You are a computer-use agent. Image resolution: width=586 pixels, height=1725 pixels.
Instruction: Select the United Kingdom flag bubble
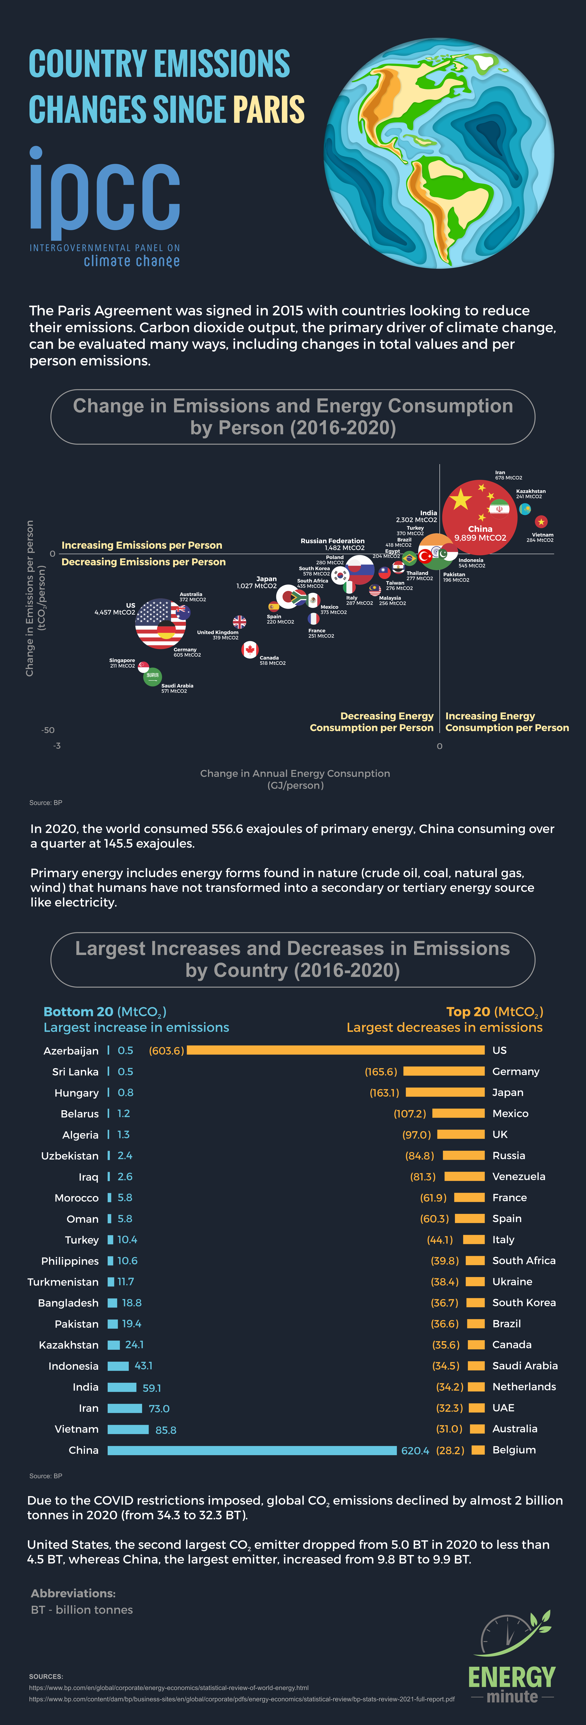[x=239, y=622]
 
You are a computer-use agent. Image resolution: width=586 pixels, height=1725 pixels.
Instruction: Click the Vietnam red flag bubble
[x=541, y=521]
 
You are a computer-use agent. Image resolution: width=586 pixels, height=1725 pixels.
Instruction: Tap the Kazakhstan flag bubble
[x=525, y=509]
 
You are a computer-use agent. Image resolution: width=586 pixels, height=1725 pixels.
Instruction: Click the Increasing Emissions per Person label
[x=142, y=545]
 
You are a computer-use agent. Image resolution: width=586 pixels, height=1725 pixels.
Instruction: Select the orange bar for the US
[x=336, y=1050]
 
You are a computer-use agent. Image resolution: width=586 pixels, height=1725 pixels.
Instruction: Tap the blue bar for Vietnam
[x=128, y=1429]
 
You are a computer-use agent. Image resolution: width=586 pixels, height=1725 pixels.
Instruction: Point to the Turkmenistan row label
[x=63, y=1282]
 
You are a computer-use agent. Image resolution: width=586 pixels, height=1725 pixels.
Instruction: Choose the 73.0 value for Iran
[x=159, y=1408]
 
